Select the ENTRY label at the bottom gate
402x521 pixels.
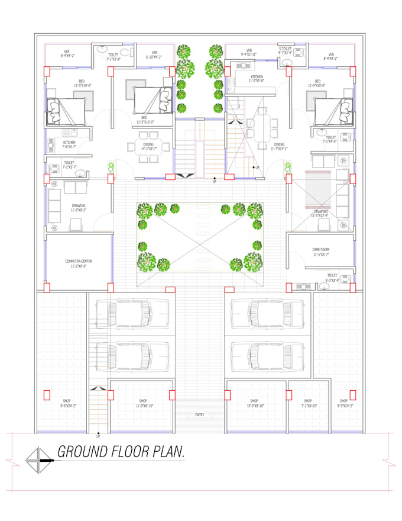[200, 414]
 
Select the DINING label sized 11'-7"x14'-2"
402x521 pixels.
[278, 146]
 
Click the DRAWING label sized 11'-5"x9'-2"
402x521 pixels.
[79, 208]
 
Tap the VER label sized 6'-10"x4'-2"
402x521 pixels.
[154, 54]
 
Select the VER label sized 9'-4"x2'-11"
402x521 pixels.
[249, 52]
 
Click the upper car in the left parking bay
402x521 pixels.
[131, 313]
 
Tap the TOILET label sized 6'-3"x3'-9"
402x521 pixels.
[332, 277]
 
